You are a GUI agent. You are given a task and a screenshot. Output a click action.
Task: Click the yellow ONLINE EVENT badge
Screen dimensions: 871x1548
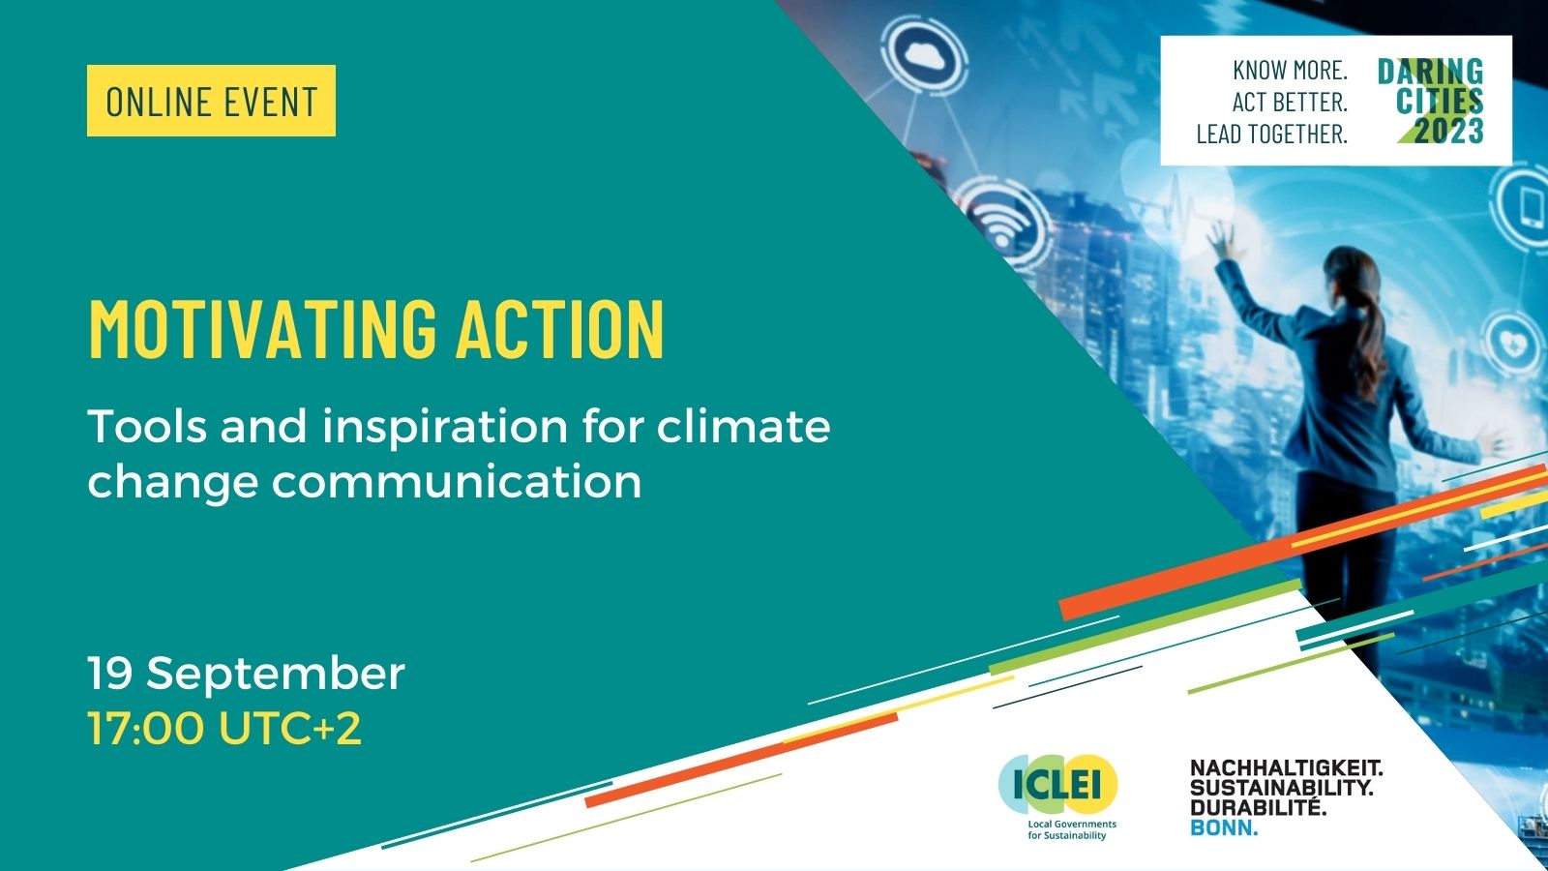(211, 101)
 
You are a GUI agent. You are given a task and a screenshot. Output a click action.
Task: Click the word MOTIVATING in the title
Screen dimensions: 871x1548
(262, 329)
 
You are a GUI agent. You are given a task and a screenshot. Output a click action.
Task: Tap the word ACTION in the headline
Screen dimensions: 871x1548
(560, 329)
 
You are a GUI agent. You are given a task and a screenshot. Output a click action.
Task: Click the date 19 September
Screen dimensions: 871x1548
(246, 673)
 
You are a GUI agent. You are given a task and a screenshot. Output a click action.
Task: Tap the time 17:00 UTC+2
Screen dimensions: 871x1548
(224, 728)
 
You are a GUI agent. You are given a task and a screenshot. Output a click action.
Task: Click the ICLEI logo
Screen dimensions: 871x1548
(1057, 786)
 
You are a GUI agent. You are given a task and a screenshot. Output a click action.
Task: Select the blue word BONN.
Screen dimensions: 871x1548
(1224, 827)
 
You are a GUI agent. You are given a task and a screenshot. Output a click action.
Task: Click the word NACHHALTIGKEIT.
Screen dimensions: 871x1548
(1286, 768)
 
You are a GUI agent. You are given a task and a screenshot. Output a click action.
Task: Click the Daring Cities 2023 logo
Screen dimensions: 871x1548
(1431, 101)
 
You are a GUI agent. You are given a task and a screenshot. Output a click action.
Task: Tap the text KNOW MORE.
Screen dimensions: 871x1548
(1290, 70)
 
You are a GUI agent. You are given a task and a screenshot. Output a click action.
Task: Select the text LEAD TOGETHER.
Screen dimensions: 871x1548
(1271, 134)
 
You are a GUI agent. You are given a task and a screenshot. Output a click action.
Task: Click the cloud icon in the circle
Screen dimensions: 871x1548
(928, 57)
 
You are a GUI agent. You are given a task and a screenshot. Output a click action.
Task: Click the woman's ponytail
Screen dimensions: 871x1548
(1372, 329)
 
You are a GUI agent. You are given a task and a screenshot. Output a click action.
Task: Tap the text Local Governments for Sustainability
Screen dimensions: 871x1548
(1071, 829)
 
